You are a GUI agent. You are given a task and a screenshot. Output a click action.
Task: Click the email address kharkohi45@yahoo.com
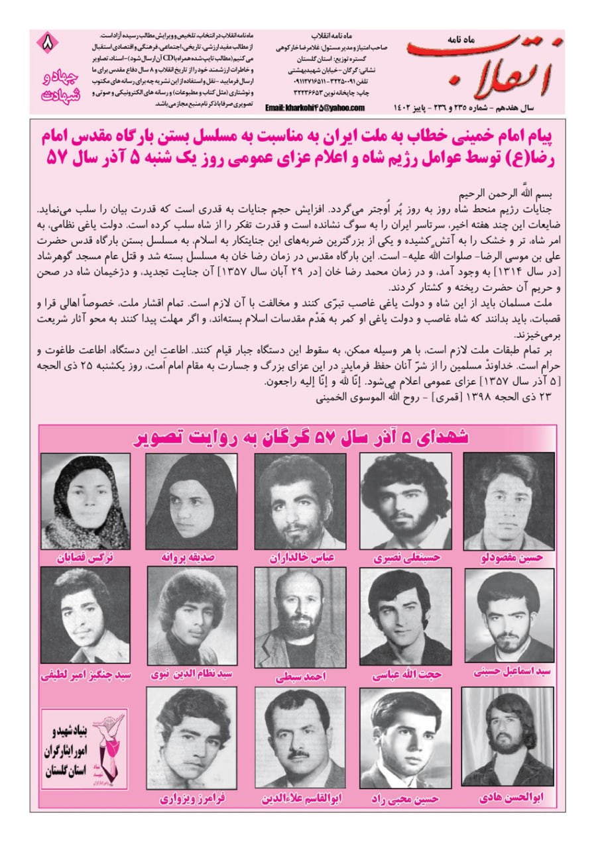tap(314, 107)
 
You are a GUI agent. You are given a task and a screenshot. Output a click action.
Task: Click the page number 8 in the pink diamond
tap(47, 44)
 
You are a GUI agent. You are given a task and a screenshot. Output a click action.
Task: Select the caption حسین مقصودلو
tap(511, 557)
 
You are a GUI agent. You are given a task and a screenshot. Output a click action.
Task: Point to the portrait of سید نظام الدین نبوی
tap(192, 616)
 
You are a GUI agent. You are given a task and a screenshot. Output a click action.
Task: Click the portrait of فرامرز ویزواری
tap(192, 737)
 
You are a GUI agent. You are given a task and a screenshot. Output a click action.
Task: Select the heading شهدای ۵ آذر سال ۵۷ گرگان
tap(298, 437)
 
